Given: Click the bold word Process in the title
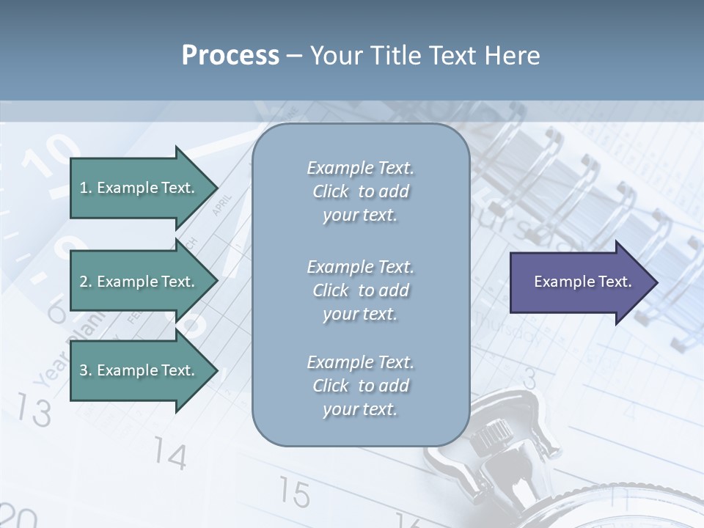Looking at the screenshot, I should coord(230,55).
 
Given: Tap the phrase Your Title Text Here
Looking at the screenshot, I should coord(425,55).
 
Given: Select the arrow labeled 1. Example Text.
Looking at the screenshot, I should coord(139,188).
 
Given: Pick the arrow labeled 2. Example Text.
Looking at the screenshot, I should coord(139,282).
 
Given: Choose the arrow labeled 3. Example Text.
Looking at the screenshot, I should coord(139,370).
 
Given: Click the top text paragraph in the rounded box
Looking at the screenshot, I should coord(360,191).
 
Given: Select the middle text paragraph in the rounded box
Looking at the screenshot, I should coord(360,290).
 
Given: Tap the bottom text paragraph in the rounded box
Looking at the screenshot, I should coord(360,386).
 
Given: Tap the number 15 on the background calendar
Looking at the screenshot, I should coord(293,493).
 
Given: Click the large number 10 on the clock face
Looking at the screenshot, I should coord(51,156).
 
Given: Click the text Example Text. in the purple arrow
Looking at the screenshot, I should coord(582,282).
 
